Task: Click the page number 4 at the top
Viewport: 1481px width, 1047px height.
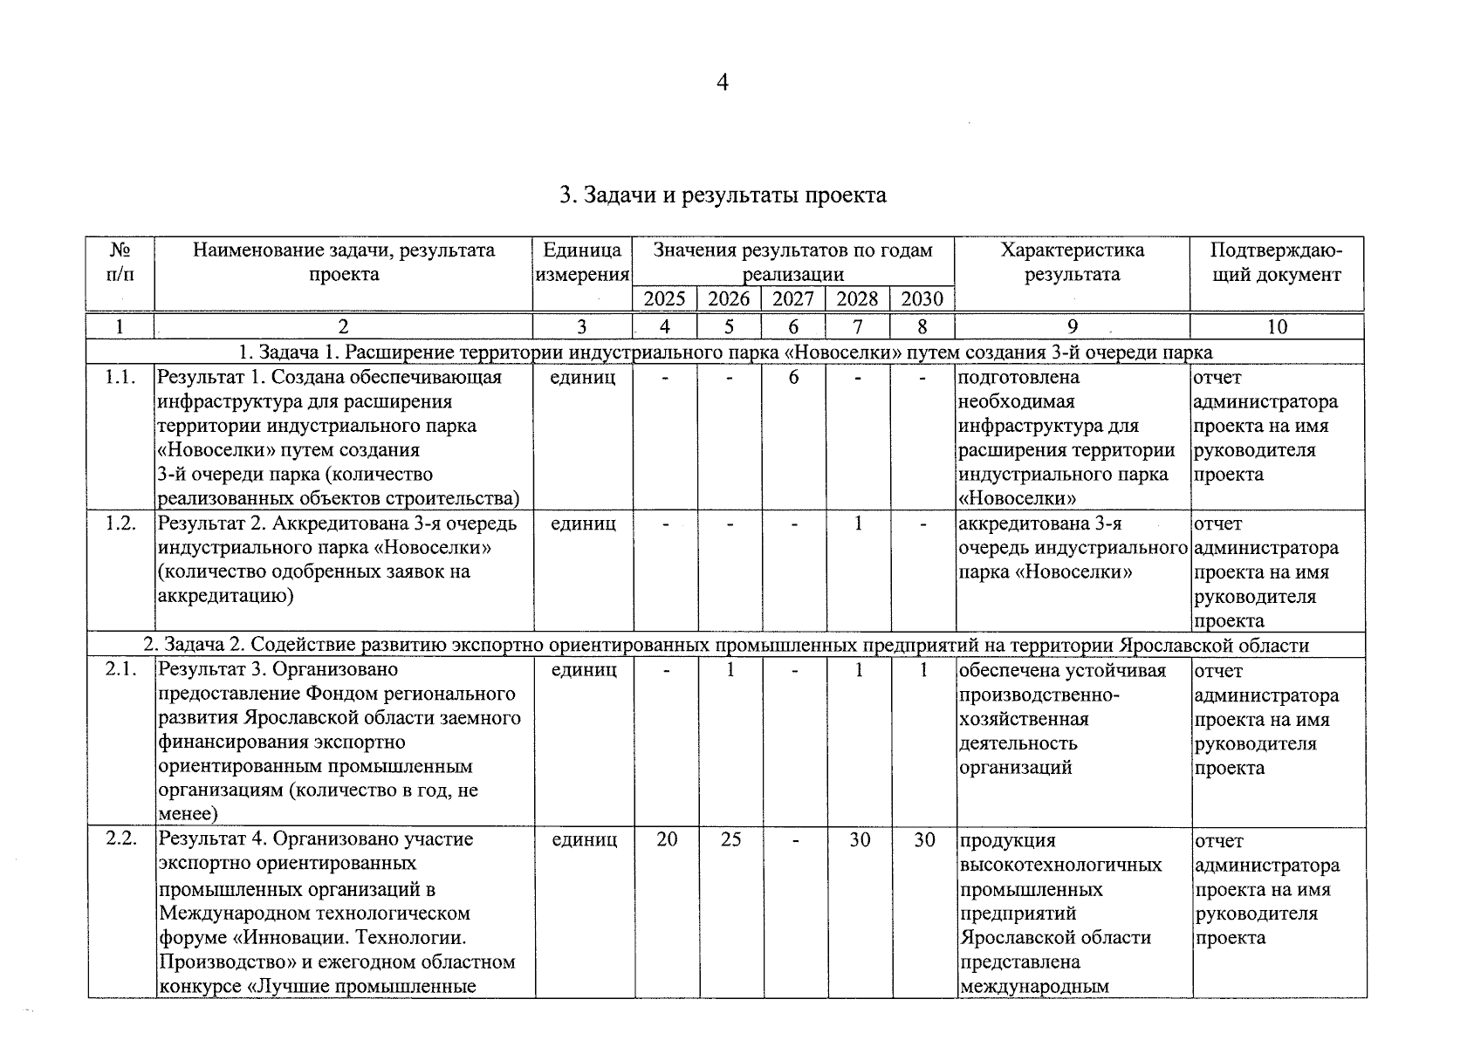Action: coord(722,83)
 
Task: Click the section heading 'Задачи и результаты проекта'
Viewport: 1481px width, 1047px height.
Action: coord(723,195)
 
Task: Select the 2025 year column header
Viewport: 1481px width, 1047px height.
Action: coord(664,299)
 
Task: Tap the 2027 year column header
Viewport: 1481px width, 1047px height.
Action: coord(793,299)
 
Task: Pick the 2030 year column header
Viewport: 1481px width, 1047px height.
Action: coord(922,299)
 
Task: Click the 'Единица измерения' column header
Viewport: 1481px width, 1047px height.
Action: coord(582,262)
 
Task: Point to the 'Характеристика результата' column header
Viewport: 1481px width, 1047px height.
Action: coord(1072,262)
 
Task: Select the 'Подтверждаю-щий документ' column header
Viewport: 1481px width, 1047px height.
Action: coord(1276,262)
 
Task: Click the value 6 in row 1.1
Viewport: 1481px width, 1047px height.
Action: coord(794,378)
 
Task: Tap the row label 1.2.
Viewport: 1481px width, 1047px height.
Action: coord(120,523)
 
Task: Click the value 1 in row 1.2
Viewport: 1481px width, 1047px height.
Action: coord(859,523)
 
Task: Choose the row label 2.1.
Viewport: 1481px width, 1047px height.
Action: coord(120,670)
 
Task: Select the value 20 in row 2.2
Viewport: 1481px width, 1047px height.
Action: coord(667,839)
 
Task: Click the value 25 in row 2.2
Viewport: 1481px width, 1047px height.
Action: coord(730,839)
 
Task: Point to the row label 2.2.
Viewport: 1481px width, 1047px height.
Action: coord(120,839)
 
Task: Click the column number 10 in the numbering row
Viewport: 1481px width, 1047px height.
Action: coord(1277,327)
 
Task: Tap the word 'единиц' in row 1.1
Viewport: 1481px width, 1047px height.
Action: coord(584,378)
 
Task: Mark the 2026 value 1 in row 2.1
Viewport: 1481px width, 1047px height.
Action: coord(730,670)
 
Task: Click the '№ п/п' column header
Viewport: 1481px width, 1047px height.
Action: coord(120,262)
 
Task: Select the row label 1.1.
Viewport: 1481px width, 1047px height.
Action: coord(120,378)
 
